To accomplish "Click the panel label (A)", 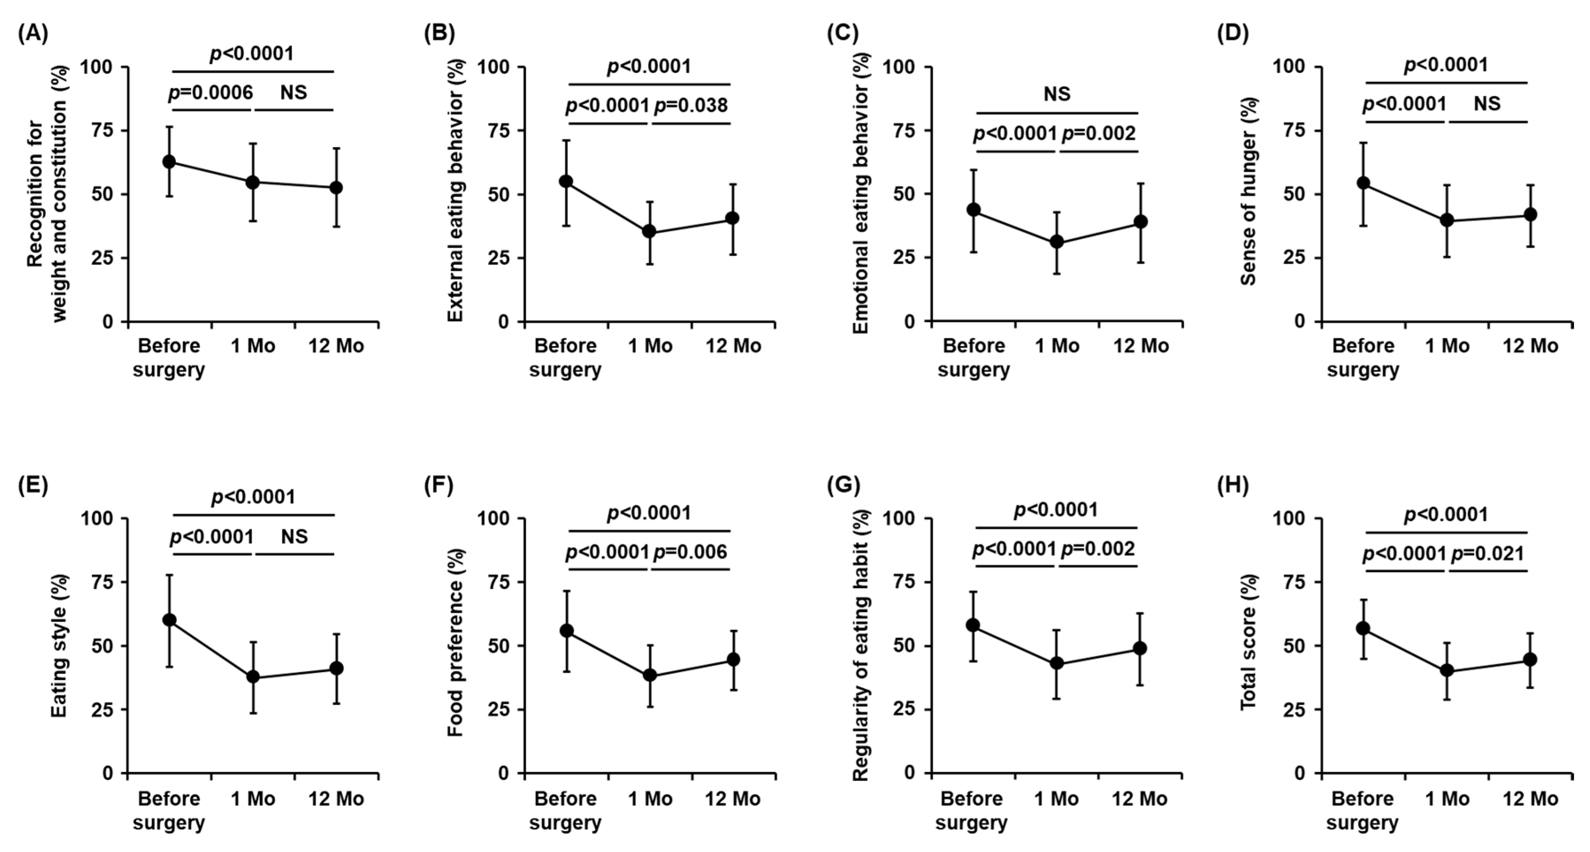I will click(x=33, y=33).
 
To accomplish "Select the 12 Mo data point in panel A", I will click(x=336, y=188).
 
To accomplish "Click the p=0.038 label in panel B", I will click(x=691, y=106).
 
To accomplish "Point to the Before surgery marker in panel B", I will click(x=566, y=182).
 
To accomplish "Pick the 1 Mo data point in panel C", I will click(x=1057, y=242).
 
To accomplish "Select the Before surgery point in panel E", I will click(x=169, y=620).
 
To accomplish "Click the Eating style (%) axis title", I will click(x=59, y=645).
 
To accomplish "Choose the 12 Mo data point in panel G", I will click(x=1140, y=648).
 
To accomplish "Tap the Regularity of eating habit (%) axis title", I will click(x=861, y=645).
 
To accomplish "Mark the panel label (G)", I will click(x=843, y=485).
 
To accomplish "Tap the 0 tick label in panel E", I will click(x=109, y=773).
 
